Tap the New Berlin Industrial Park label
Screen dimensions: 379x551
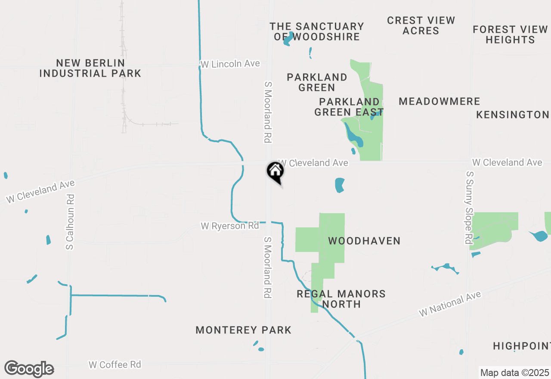point(90,68)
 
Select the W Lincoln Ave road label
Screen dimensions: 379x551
point(230,64)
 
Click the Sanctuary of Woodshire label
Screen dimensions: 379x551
point(317,32)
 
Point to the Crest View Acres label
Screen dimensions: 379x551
point(421,25)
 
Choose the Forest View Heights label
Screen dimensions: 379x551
point(510,34)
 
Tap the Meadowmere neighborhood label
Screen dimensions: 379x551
point(439,101)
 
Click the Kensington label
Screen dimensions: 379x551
point(513,115)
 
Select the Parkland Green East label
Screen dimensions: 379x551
point(349,107)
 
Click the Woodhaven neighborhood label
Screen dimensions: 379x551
point(364,241)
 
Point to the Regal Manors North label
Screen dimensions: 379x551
point(341,299)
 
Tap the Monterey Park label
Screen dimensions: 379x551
point(244,330)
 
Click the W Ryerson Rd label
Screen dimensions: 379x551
point(230,226)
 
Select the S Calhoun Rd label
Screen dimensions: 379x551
point(70,222)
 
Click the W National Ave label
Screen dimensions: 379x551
point(450,304)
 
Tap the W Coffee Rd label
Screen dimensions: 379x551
point(115,365)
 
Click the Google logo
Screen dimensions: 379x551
point(29,369)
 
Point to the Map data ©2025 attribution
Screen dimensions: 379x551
point(514,373)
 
